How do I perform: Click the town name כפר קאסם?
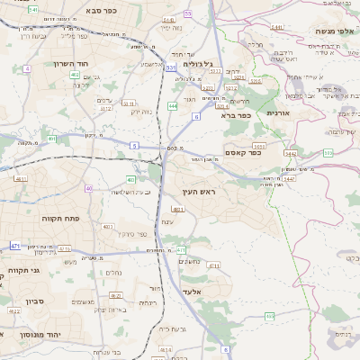242,153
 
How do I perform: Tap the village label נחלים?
114,272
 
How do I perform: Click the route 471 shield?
15,246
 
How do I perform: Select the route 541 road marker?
33,9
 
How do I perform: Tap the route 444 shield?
171,105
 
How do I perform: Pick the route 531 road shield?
169,67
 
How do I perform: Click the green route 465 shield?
269,316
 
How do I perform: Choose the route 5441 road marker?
276,27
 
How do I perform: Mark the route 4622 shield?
15,310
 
